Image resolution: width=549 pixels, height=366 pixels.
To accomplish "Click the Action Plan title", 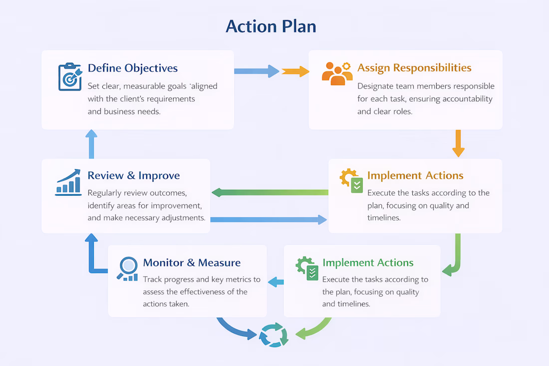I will [271, 26].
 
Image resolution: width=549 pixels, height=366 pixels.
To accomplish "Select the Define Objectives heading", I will [132, 68].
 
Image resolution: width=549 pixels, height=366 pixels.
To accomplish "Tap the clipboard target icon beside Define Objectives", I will [69, 77].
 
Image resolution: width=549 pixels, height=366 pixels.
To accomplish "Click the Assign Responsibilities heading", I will [414, 68].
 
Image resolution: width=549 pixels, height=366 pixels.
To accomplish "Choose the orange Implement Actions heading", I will [415, 176].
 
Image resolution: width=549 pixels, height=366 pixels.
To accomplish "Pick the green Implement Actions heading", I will [368, 263].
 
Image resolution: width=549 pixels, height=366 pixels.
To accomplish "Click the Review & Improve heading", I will [133, 176].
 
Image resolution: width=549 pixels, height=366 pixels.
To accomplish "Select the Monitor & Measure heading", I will [192, 263].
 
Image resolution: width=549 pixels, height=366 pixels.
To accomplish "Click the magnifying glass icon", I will [128, 268].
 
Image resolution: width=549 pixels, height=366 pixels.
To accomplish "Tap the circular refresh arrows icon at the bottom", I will [274, 335].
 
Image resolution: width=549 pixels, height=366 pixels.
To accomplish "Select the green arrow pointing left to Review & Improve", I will [270, 192].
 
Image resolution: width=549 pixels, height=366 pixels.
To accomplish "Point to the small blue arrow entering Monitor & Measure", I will [275, 282].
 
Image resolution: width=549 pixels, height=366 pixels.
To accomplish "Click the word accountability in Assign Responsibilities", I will [467, 99].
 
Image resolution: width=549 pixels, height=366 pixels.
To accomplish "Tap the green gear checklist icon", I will [307, 268].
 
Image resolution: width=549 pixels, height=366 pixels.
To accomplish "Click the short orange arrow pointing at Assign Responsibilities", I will [295, 71].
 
